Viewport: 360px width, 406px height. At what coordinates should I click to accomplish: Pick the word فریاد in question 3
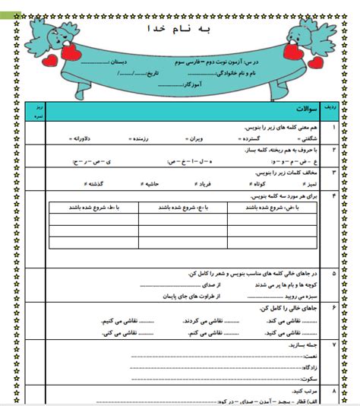(200, 183)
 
